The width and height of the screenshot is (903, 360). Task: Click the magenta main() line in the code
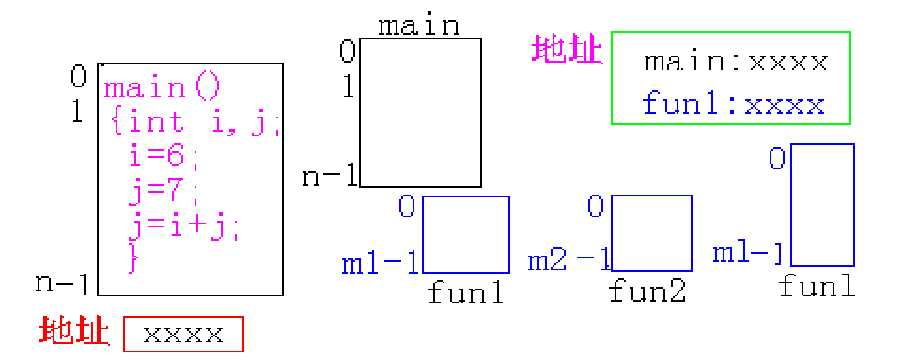click(x=162, y=88)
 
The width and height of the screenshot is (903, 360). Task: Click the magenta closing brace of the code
click(x=132, y=257)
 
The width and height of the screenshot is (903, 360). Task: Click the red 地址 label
click(x=74, y=332)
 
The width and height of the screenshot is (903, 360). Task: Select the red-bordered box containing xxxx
click(x=183, y=334)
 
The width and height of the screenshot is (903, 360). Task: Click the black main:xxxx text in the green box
click(x=735, y=63)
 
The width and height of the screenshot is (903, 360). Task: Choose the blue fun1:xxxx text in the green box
click(x=733, y=103)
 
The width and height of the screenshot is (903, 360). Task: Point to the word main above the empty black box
click(x=419, y=24)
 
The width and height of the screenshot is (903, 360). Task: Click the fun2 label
click(x=647, y=291)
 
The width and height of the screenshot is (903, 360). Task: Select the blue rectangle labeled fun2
click(x=651, y=233)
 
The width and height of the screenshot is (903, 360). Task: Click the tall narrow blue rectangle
click(x=823, y=204)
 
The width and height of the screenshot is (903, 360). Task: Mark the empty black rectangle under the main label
click(x=420, y=113)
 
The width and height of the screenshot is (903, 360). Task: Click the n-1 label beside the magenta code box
click(x=62, y=282)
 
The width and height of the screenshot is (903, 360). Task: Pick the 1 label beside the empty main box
click(x=347, y=87)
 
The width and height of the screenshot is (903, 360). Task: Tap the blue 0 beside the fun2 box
click(x=596, y=205)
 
